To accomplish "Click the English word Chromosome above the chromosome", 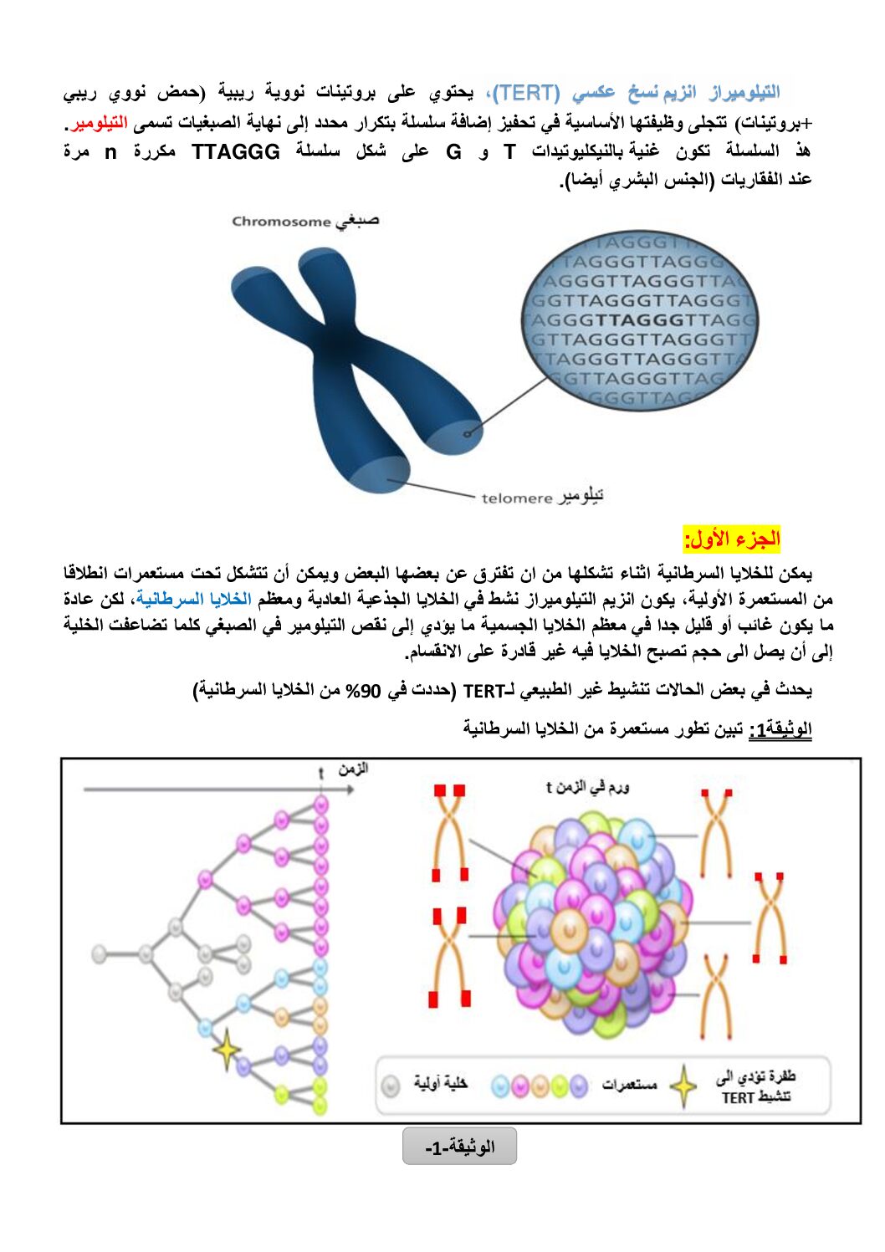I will (x=281, y=222).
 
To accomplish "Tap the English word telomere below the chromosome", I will (x=516, y=498).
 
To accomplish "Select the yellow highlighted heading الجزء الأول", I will (x=732, y=539).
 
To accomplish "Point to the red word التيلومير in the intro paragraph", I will (x=100, y=123).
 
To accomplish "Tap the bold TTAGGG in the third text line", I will (x=236, y=152).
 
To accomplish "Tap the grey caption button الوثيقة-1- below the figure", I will (x=459, y=1147).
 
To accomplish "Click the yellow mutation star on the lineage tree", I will (x=226, y=1049).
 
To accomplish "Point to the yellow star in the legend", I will (x=684, y=1086).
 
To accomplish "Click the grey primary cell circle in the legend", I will (x=391, y=1086).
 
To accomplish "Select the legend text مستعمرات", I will (x=629, y=1085).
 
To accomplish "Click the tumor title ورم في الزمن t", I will (x=587, y=787).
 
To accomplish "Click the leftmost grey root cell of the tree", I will (x=100, y=953).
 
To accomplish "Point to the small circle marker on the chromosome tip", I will (x=468, y=432).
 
